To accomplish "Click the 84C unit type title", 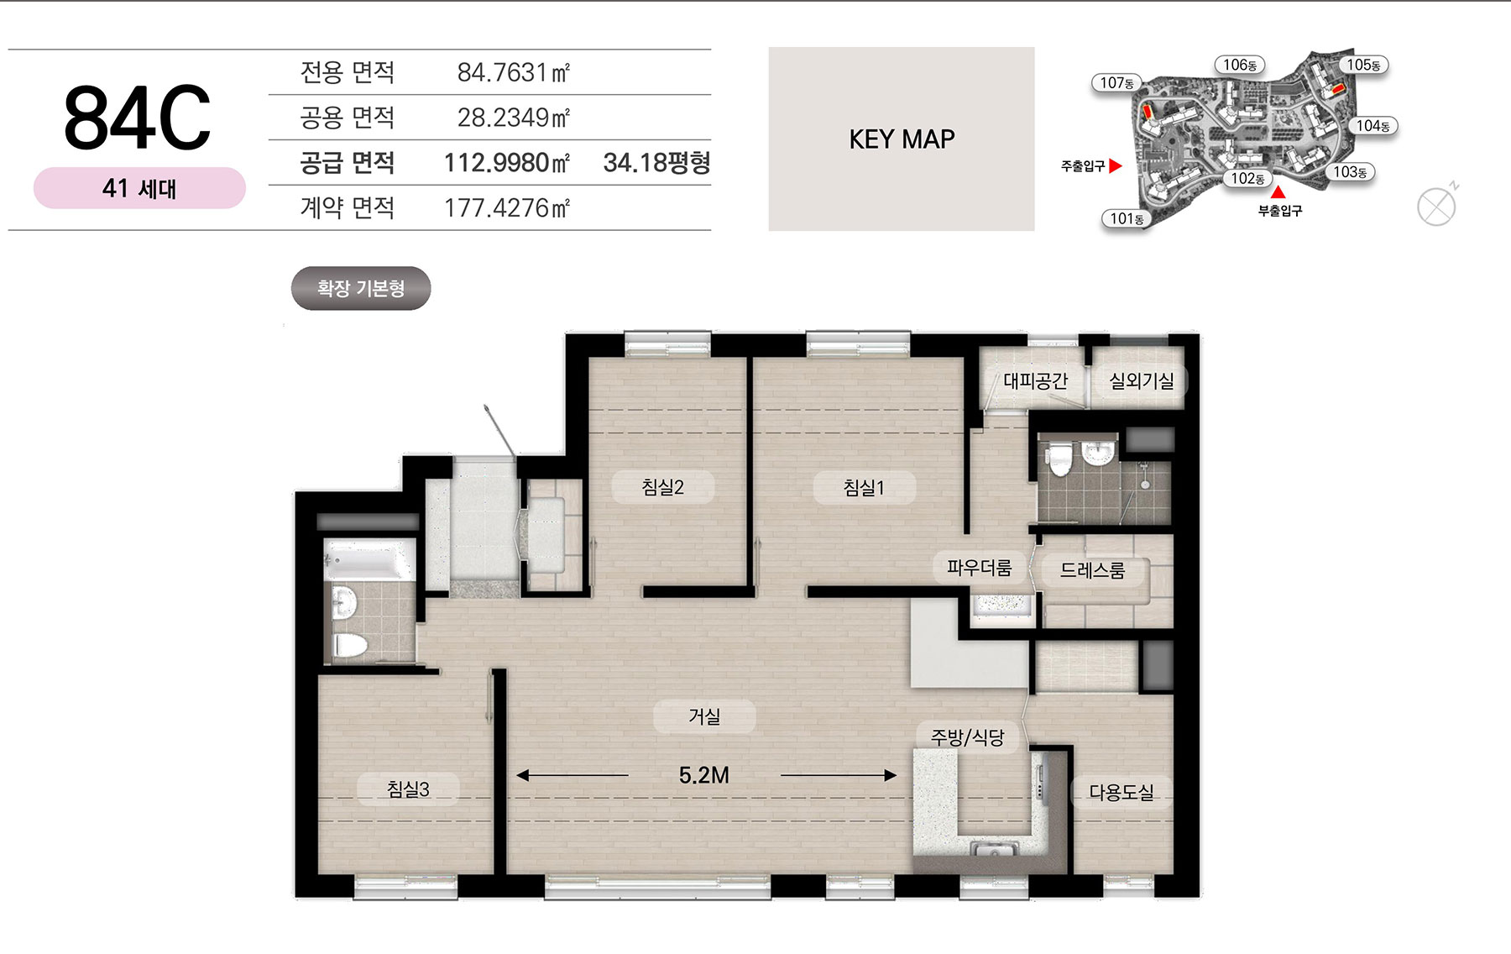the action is coord(137,118).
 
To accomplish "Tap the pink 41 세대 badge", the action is coord(139,188).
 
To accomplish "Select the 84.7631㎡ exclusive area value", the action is coord(514,73).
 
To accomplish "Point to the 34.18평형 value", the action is coord(656,163).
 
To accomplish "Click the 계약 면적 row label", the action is coord(348,207).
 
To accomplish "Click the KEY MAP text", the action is coord(902,139).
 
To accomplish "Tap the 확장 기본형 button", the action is coord(361,289).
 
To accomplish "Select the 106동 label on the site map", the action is coord(1240,65).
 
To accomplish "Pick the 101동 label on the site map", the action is coord(1127,219).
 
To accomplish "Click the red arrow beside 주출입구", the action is coord(1115,166).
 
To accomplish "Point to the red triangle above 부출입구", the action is coord(1278,193).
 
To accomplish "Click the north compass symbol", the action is coord(1436,207).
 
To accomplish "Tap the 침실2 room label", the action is coord(663,487).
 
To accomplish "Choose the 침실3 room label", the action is coord(408,789).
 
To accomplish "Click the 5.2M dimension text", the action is coord(704,775).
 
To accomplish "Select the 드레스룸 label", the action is coord(1092,571).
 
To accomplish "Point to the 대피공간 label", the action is coord(1036,381).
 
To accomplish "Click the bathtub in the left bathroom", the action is coord(369,561).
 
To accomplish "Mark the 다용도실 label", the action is coord(1121,792).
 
